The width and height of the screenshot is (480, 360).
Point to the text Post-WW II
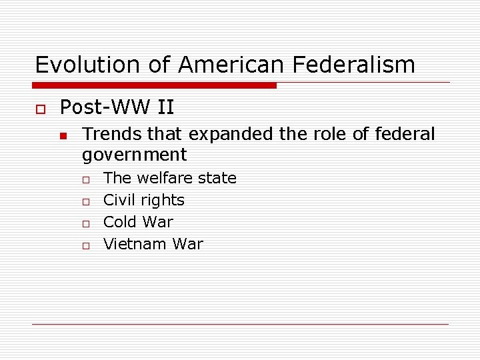click(x=117, y=107)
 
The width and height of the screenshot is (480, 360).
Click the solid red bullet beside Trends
click(x=63, y=135)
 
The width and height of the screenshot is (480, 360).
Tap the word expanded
click(x=231, y=134)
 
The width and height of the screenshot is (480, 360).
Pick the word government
click(x=134, y=155)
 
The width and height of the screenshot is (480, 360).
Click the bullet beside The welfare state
click(x=86, y=179)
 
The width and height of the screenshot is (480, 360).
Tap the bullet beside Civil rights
click(x=86, y=201)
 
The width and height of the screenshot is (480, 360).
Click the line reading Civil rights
click(x=144, y=200)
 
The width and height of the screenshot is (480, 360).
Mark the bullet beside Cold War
click(x=86, y=223)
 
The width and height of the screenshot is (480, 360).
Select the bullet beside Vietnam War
click(x=86, y=245)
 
